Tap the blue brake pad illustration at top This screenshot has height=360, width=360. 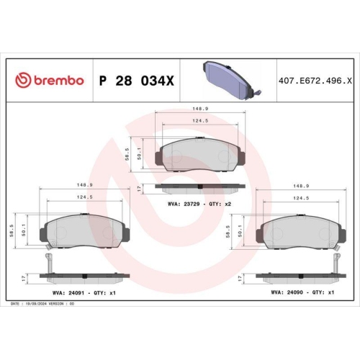(228, 73)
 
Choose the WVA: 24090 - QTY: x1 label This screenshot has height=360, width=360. (302, 293)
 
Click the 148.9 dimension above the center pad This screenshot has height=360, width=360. (201, 110)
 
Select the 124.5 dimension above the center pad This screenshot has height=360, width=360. (201, 122)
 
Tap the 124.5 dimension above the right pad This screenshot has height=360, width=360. (302, 197)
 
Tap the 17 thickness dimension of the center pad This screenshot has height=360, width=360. (138, 189)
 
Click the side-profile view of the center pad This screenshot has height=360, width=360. (201, 189)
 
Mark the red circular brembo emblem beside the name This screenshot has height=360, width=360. (23, 80)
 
